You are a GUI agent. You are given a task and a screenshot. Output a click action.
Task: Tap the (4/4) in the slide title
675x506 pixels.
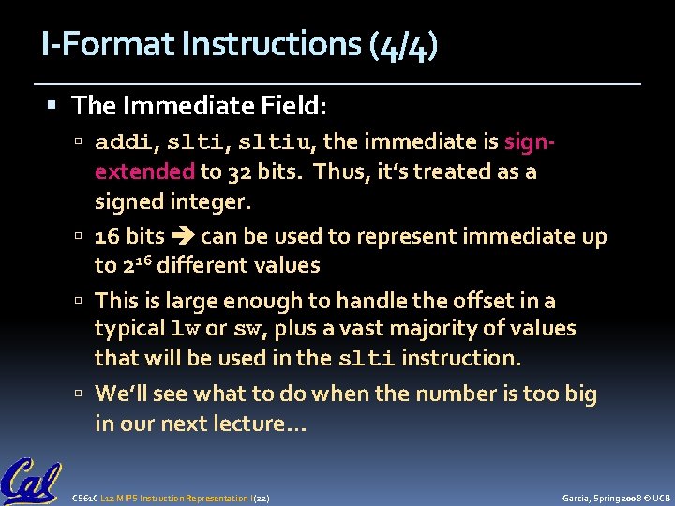coord(403,45)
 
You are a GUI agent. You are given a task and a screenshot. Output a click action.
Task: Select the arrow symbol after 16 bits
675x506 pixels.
coord(182,237)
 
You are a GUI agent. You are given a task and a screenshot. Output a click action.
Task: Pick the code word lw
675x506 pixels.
coord(187,329)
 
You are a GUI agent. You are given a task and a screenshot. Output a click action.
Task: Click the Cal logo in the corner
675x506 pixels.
coord(32,480)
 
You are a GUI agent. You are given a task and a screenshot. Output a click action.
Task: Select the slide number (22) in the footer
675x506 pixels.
coord(262,497)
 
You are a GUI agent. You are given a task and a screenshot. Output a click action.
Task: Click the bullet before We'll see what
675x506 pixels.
coord(82,394)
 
